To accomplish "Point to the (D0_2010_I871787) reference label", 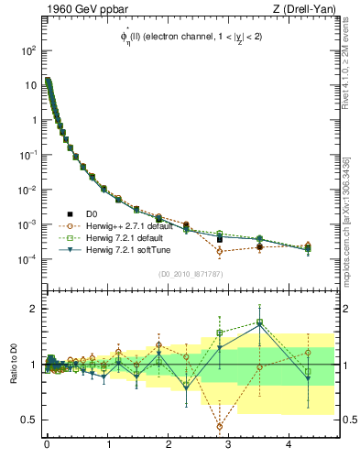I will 191,274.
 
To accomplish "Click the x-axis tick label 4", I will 289,443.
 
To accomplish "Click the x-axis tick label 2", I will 169,443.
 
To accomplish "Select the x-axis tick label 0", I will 47,443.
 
